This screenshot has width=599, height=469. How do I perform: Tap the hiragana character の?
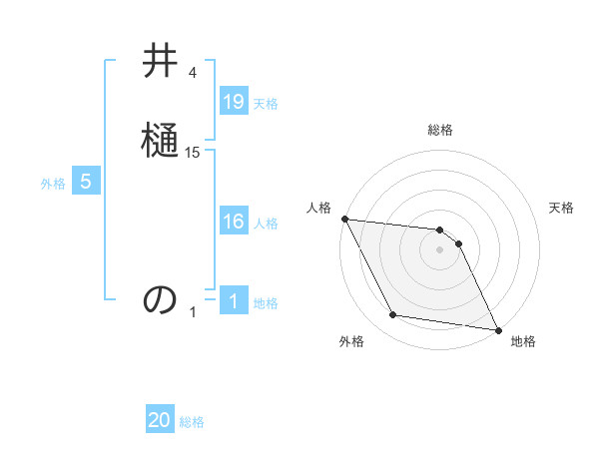160,299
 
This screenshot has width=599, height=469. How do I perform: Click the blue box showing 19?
234,102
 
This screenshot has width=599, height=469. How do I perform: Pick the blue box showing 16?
234,222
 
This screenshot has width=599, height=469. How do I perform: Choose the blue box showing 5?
86,182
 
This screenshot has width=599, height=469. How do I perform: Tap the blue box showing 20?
160,421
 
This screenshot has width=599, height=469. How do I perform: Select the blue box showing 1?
234,301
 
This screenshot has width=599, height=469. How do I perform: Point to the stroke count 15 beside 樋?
193,153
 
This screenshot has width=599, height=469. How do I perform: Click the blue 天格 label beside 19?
266,104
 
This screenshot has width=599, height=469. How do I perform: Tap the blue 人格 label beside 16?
266,224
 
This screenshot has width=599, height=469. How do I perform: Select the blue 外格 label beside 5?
53,184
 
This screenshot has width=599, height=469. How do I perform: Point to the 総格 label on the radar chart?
439,130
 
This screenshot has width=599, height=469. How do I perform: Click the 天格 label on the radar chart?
562,208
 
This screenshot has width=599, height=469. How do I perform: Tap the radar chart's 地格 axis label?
523,341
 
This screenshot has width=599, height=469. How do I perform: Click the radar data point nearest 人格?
344,219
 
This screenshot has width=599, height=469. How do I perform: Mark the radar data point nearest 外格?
393,315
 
